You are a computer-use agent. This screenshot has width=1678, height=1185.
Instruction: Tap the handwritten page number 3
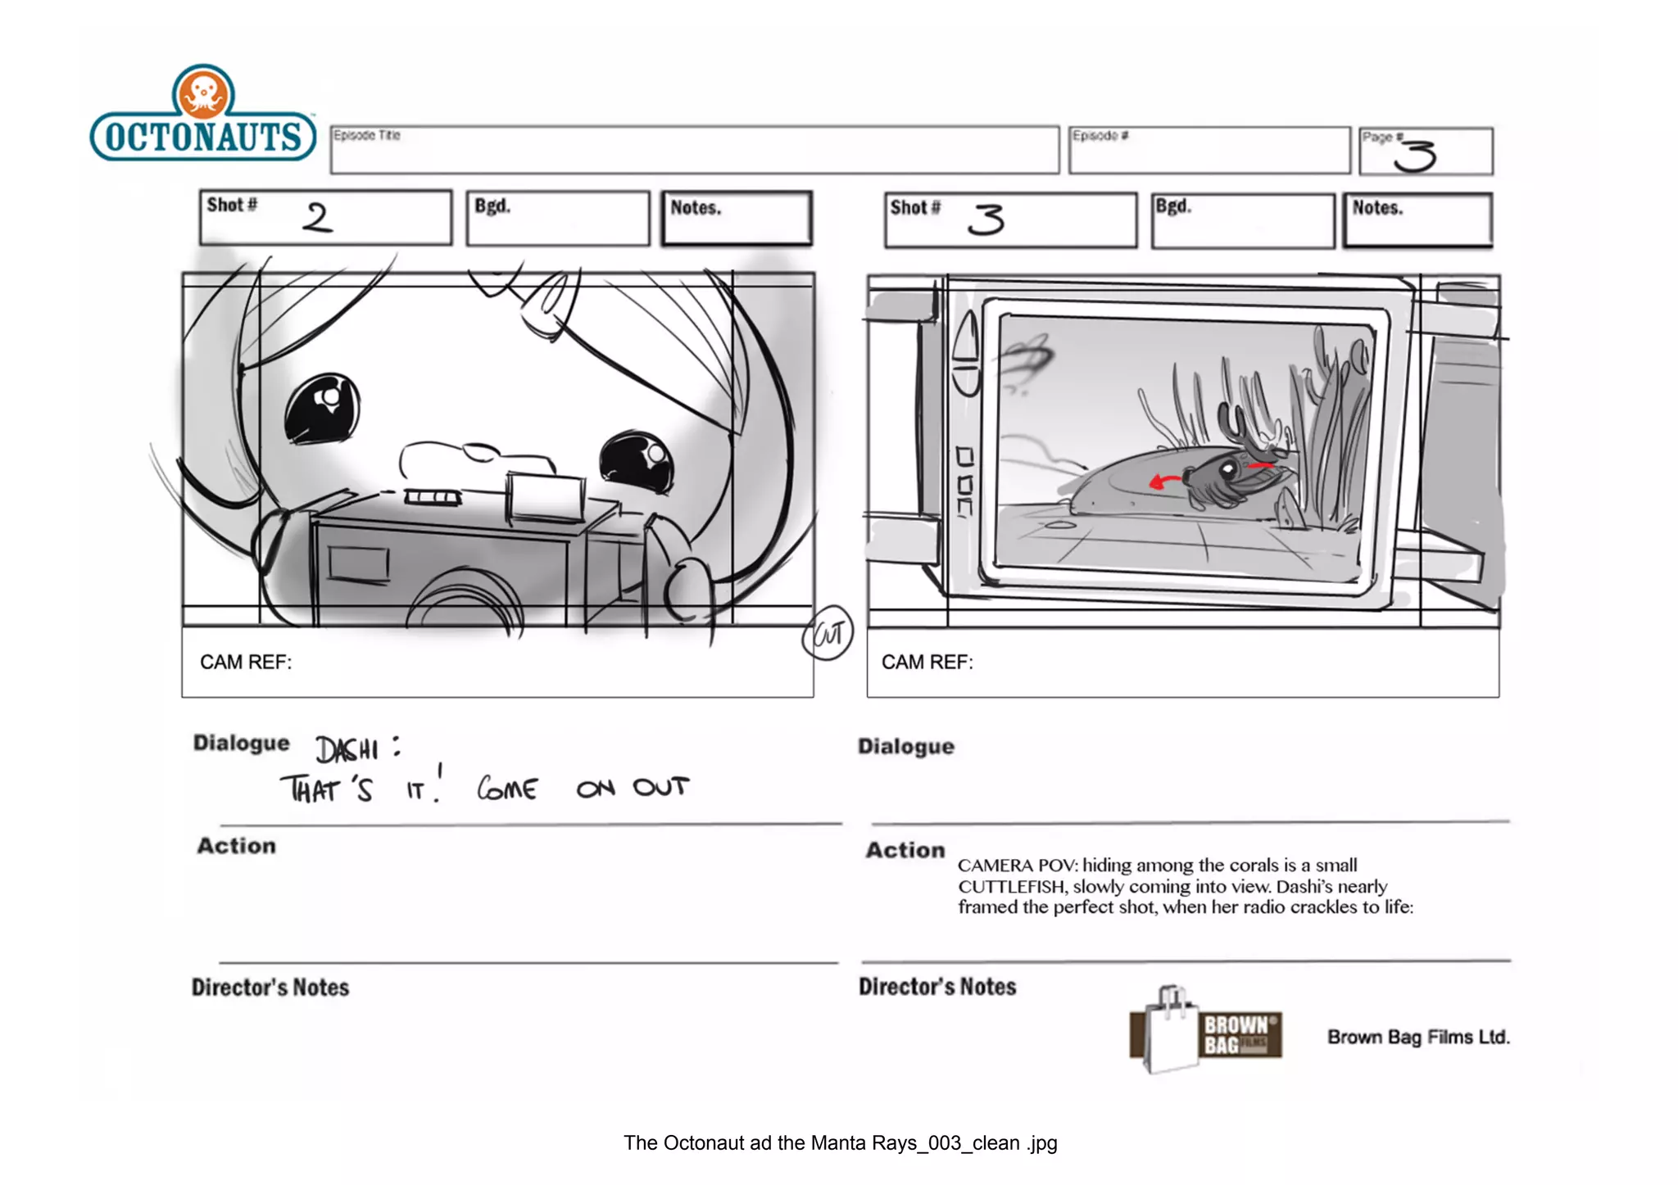[x=1416, y=155]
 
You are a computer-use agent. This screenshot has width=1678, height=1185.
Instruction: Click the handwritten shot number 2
[x=317, y=218]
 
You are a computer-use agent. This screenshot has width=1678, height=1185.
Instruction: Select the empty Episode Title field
[x=695, y=151]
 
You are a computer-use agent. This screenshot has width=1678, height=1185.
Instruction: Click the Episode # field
[x=1209, y=151]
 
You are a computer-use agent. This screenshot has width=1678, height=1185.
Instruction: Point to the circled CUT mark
[x=828, y=633]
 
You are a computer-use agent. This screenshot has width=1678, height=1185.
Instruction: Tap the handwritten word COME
[x=507, y=789]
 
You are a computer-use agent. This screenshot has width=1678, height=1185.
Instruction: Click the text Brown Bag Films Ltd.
[x=1418, y=1037]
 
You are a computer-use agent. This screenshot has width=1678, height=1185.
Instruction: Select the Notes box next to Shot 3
[x=1417, y=219]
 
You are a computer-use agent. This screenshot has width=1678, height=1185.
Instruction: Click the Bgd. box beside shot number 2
[x=558, y=218]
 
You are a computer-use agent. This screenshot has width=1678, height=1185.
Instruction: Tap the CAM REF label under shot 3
[x=927, y=663]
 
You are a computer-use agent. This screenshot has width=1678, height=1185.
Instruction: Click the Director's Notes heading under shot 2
[x=270, y=988]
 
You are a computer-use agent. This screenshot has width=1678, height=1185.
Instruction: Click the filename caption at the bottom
[x=840, y=1143]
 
